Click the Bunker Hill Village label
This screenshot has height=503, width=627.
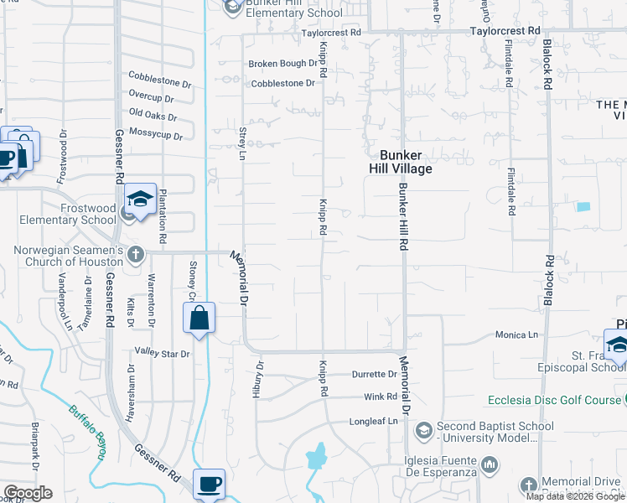[x=406, y=162]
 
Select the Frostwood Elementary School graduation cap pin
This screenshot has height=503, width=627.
[x=141, y=200]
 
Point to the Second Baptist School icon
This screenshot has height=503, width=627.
[x=423, y=431]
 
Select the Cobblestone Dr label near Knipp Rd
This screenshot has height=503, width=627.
[x=283, y=83]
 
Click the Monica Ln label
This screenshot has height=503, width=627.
[x=516, y=334]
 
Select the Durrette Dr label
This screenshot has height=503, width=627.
[x=374, y=375]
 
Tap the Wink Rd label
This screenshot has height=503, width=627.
[x=380, y=397]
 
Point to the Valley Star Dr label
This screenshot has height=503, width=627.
[x=163, y=354]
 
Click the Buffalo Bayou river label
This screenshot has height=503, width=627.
[x=88, y=433]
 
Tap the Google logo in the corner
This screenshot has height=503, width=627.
[x=27, y=493]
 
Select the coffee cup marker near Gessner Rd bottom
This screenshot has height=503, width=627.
[x=209, y=485]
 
